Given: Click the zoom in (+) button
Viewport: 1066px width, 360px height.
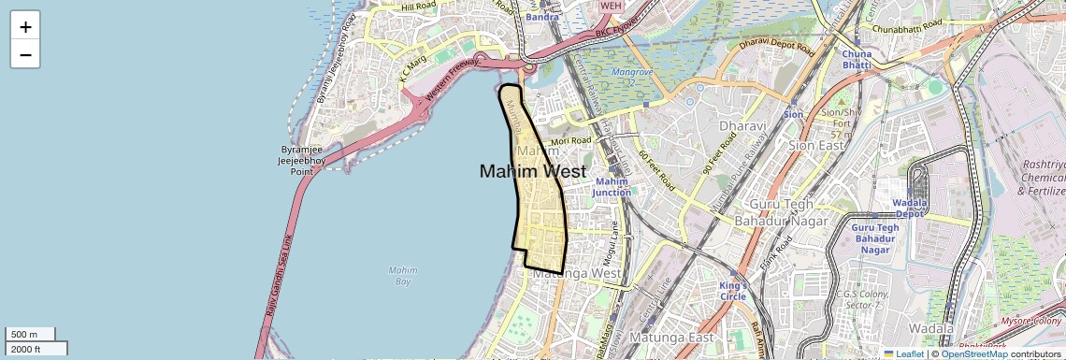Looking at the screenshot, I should [25, 27].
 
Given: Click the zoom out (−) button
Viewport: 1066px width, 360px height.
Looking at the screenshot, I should [25, 54].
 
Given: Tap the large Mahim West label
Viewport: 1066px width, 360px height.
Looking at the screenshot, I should [533, 171].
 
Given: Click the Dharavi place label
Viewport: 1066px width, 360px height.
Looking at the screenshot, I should [743, 126].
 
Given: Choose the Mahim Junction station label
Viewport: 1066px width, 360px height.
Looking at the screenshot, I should [612, 187].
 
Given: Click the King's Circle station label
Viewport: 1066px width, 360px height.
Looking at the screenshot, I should [734, 291].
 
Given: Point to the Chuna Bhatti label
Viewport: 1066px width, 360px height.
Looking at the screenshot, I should [857, 60].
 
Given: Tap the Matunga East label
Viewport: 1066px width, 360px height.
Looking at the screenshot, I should [671, 337].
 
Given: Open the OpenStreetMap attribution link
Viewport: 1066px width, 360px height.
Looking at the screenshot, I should [973, 353].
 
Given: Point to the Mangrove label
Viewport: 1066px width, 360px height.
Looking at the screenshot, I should [629, 72].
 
